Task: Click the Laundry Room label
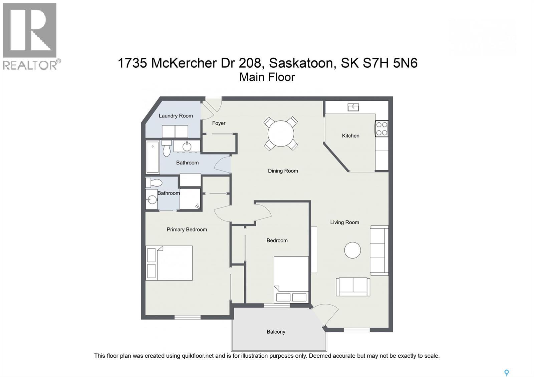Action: (x=176, y=116)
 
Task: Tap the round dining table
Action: (x=281, y=133)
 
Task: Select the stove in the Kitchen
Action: (x=382, y=129)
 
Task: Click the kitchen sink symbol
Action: (x=353, y=107)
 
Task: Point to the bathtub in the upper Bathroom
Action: (x=153, y=157)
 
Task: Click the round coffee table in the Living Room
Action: (x=352, y=250)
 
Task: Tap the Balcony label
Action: (x=276, y=332)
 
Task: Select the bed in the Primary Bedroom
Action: (x=169, y=263)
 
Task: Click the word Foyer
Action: (x=219, y=123)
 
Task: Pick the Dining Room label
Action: (x=283, y=171)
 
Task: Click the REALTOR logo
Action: (x=30, y=36)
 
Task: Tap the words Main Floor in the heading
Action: (x=267, y=77)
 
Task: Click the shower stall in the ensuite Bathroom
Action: (x=190, y=199)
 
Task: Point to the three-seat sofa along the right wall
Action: (x=379, y=250)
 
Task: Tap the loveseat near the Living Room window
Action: (x=353, y=287)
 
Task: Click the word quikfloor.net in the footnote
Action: (x=197, y=356)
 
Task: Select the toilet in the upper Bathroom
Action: (x=167, y=148)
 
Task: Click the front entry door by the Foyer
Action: (x=212, y=106)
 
